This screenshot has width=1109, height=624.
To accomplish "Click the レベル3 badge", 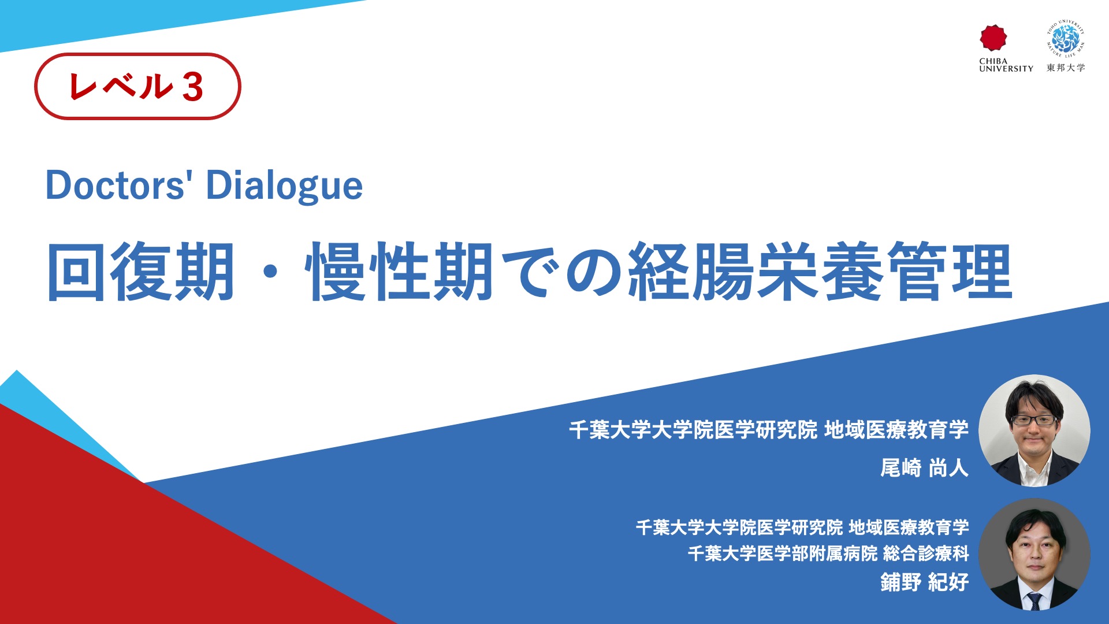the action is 137,87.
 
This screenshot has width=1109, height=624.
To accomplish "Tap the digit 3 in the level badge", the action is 193,88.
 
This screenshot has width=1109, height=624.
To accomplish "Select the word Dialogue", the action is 284,187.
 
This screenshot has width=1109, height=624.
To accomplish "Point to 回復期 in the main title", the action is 140,272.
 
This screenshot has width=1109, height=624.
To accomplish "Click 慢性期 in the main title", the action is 400,272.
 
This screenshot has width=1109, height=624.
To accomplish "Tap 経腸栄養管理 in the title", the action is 821,272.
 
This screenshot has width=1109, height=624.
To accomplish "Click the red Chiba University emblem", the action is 993,38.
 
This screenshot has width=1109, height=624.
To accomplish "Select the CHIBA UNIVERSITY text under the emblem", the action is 1006,65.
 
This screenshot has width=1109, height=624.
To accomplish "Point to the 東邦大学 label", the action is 1066,68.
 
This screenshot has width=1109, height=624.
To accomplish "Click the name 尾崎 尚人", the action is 924,467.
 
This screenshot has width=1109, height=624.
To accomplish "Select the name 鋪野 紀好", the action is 924,582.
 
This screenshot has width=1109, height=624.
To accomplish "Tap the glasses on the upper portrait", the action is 1034,420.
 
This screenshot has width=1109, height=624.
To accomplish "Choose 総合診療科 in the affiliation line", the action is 926,554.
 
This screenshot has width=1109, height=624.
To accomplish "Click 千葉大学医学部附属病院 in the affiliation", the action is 783,554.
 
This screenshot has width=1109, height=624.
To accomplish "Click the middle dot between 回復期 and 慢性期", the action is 270,272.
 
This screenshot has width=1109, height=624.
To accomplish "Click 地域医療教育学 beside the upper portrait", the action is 896,430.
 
